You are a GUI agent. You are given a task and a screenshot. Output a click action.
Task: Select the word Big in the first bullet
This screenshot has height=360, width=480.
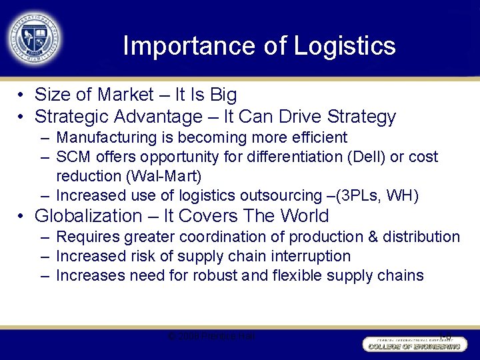click(x=223, y=95)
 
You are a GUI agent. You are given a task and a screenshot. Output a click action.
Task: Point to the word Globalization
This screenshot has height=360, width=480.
click(x=88, y=216)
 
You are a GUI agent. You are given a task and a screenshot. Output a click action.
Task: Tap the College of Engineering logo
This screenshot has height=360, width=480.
click(x=413, y=343)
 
